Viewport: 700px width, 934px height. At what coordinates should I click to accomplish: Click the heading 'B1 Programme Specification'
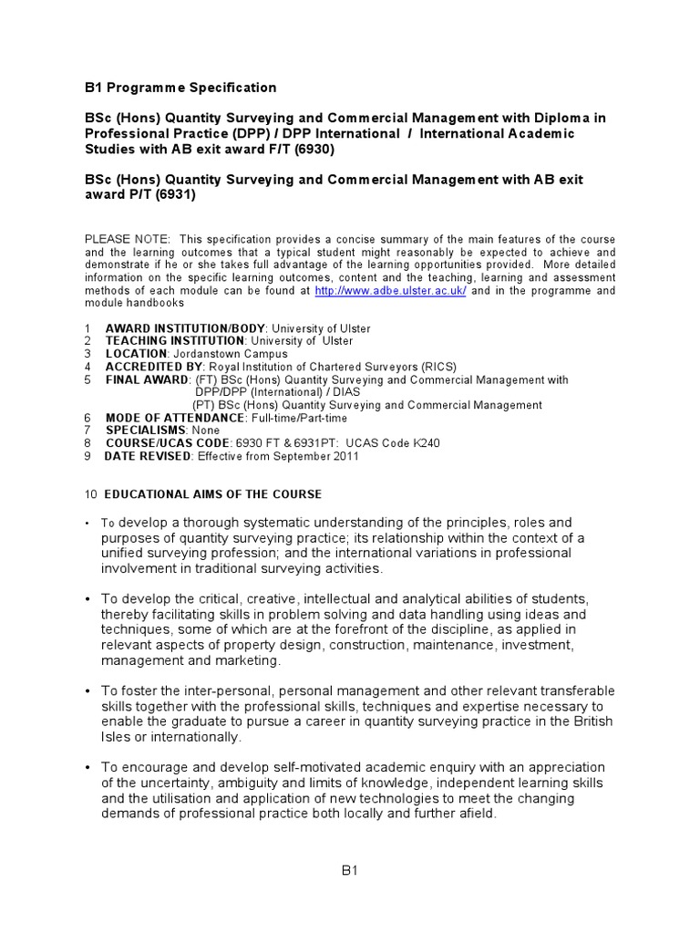[x=180, y=88]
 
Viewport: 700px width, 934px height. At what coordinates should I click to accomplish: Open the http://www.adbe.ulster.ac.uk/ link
[x=390, y=290]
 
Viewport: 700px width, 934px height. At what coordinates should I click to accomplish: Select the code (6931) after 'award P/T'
[x=176, y=194]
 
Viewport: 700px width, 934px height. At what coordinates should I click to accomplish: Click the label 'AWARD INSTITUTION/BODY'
[x=185, y=328]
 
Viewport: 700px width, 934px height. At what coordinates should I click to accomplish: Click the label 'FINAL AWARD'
[x=147, y=379]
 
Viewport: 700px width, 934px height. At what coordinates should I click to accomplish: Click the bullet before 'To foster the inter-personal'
[x=88, y=690]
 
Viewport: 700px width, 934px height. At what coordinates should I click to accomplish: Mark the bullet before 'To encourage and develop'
[x=88, y=768]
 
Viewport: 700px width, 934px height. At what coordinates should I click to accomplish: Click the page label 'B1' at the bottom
[x=350, y=871]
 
